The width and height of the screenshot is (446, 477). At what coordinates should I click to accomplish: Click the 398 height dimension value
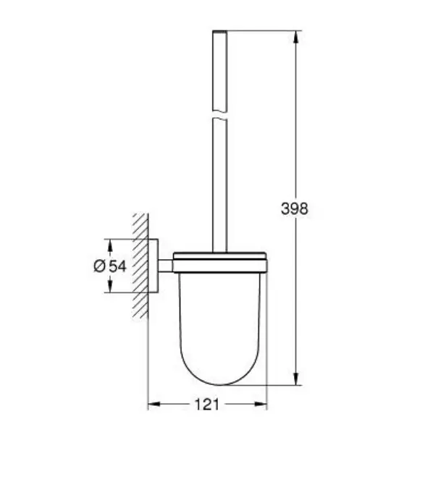tap(294, 208)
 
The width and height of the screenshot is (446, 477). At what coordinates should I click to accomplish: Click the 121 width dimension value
tap(206, 405)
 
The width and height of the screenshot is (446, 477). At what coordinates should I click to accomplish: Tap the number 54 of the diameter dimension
tap(117, 266)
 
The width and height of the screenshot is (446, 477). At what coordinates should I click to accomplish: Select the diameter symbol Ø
tap(99, 266)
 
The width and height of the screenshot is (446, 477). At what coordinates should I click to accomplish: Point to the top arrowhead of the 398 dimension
tap(295, 37)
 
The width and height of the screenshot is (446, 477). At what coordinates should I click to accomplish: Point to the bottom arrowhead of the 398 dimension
tap(295, 379)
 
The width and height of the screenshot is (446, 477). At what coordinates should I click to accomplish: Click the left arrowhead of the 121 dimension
tap(154, 405)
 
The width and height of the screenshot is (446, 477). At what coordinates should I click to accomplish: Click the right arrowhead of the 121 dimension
tap(261, 405)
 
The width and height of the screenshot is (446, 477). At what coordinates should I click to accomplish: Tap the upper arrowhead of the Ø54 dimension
tap(110, 245)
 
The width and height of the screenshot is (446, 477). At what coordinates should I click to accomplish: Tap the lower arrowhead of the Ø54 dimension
tap(110, 286)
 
